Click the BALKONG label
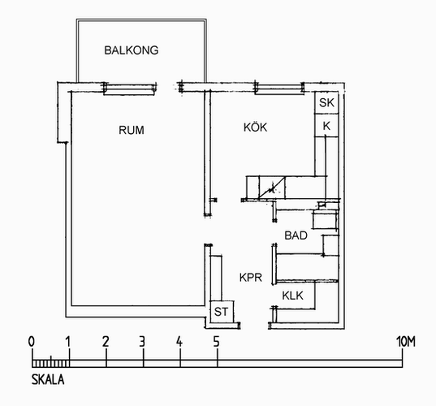[x=132, y=50]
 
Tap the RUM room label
[x=132, y=130]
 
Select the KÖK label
[x=255, y=127]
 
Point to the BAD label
[x=296, y=235]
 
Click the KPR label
[x=251, y=278]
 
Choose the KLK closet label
[x=292, y=296]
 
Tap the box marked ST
[x=222, y=312]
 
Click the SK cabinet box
[x=326, y=102]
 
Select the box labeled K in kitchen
[x=326, y=125]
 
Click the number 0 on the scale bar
[x=32, y=342]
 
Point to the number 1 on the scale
[x=68, y=342]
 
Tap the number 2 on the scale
[x=106, y=342]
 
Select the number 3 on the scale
[x=142, y=342]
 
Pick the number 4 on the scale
[x=179, y=342]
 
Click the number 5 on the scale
[x=216, y=342]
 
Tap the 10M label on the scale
[x=406, y=342]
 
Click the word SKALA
[x=48, y=380]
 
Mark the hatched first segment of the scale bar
[x=50, y=364]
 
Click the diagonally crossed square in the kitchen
[x=272, y=188]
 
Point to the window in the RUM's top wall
[x=129, y=89]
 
